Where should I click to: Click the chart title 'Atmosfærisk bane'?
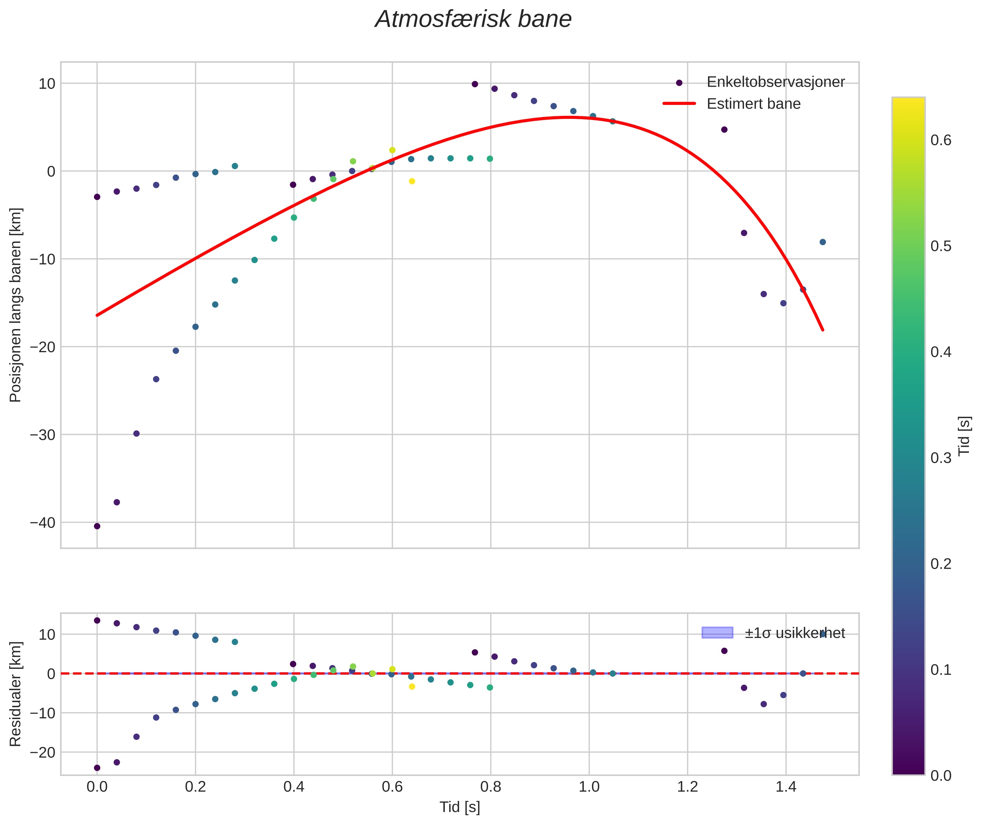[473, 19]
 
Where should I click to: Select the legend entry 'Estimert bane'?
[753, 104]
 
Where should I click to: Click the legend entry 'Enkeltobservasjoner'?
[775, 82]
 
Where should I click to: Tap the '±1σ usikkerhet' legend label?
[795, 633]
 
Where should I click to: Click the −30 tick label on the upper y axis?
[43, 435]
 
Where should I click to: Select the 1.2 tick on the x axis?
[687, 787]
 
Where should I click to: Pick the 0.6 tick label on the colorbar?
[940, 140]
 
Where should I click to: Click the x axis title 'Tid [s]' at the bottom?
[459, 807]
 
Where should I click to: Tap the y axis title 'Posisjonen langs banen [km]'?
[15, 305]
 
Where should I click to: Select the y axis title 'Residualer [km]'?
[15, 694]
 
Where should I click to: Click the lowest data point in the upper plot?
[97, 526]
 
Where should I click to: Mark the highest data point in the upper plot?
[475, 84]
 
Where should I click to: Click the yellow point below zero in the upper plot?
[412, 181]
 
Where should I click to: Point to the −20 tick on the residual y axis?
[43, 752]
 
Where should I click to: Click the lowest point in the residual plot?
[97, 768]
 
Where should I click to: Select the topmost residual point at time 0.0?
[97, 621]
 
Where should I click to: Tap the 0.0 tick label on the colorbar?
[940, 776]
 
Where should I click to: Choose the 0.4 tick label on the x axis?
[294, 787]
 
